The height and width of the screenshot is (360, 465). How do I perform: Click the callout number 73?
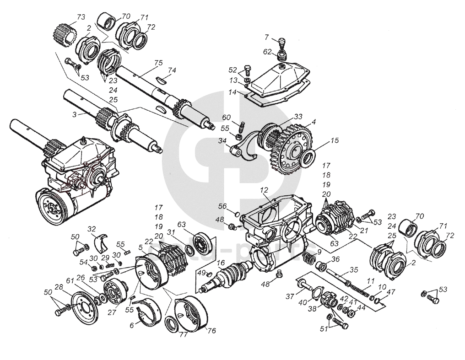point(81,17)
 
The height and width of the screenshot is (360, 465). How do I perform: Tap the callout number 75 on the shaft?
point(158,62)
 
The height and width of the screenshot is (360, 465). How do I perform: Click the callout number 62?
point(268,52)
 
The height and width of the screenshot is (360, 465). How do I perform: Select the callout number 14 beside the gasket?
point(233,91)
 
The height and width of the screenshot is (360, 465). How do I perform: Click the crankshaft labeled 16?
point(227,277)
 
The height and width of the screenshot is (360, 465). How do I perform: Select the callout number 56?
point(222,205)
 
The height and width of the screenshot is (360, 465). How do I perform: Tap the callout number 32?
point(92,229)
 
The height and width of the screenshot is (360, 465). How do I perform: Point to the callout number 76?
point(211,330)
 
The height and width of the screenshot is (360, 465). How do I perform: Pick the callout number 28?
point(59,288)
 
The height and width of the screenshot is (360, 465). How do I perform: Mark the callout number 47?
point(390,291)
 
